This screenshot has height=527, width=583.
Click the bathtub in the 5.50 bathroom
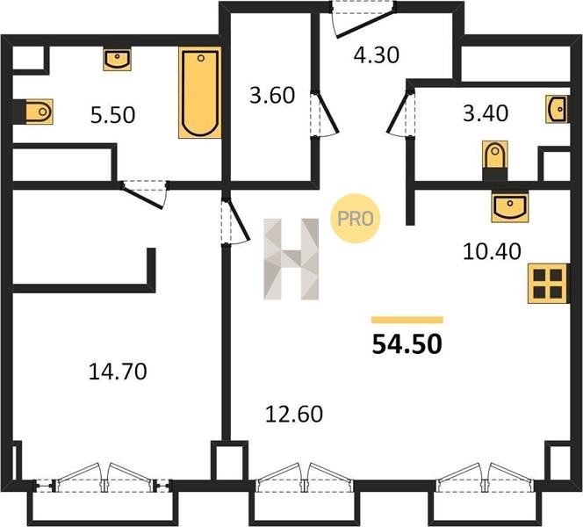click(x=200, y=92)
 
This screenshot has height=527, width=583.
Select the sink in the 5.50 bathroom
click(x=117, y=60)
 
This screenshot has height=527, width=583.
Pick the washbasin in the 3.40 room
click(x=558, y=109)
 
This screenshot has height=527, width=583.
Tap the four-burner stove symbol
click(x=549, y=284)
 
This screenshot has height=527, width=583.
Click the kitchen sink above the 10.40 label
click(x=510, y=206)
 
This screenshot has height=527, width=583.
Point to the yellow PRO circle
click(x=355, y=219)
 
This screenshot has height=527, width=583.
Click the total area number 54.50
click(x=407, y=344)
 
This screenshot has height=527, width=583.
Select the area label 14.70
click(x=118, y=372)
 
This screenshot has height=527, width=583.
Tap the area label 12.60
click(x=294, y=414)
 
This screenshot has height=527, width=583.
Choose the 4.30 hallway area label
click(x=377, y=55)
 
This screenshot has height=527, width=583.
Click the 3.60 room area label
click(x=272, y=95)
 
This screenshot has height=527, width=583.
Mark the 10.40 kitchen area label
click(x=492, y=251)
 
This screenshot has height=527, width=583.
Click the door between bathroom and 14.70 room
click(x=142, y=196)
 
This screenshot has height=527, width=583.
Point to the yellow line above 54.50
click(x=407, y=320)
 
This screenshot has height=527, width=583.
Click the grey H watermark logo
click(x=291, y=259)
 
